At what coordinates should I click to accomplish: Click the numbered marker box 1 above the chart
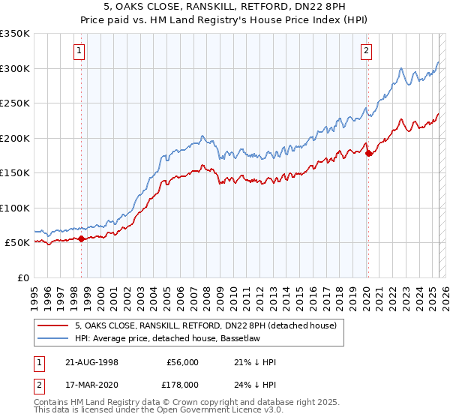[x=79, y=51]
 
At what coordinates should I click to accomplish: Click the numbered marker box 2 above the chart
[x=366, y=51]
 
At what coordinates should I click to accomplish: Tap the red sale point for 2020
[x=368, y=154]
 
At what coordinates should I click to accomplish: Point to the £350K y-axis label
[x=15, y=34]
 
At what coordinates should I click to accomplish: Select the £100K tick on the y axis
[x=15, y=208]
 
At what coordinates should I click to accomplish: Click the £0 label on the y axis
[x=23, y=277]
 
